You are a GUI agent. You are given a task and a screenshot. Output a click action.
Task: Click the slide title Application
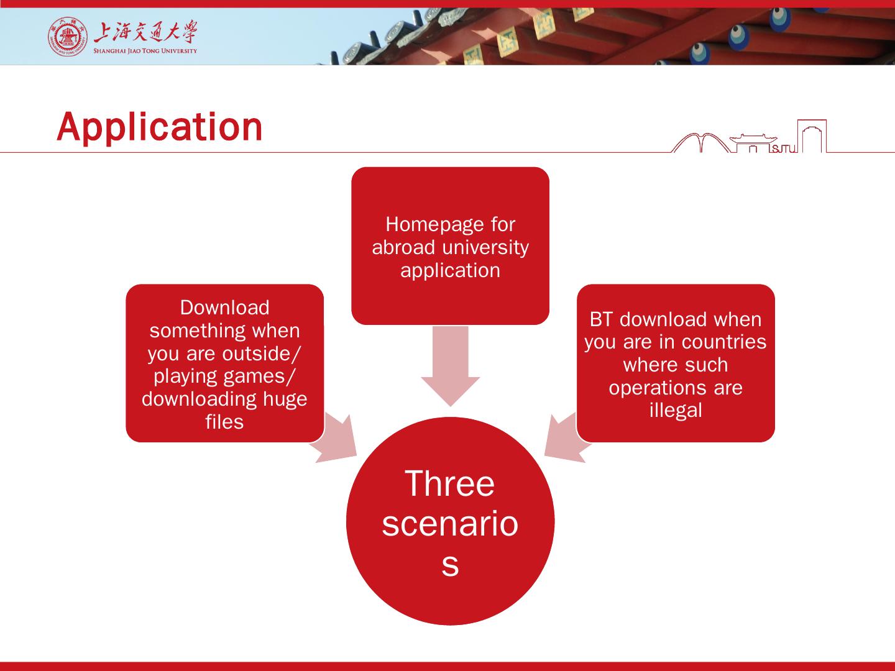pyautogui.click(x=160, y=127)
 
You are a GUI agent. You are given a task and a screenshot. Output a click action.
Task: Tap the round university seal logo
pyautogui.click(x=67, y=37)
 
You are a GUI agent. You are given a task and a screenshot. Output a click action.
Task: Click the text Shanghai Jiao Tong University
pyautogui.click(x=145, y=51)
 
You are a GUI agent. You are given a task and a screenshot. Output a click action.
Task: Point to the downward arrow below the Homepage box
pyautogui.click(x=451, y=366)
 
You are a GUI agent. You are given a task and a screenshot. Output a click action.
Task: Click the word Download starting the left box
pyautogui.click(x=224, y=308)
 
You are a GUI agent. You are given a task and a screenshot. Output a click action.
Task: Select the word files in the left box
pyautogui.click(x=224, y=422)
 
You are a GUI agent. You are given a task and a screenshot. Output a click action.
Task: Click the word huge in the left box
pyautogui.click(x=285, y=399)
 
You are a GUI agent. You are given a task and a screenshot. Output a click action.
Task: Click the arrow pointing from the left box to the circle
pyautogui.click(x=334, y=439)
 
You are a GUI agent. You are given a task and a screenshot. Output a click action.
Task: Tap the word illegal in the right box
pyautogui.click(x=676, y=410)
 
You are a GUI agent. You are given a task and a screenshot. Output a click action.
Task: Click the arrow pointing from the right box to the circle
pyautogui.click(x=567, y=439)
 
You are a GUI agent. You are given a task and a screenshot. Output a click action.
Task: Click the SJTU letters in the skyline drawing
pyautogui.click(x=783, y=149)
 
